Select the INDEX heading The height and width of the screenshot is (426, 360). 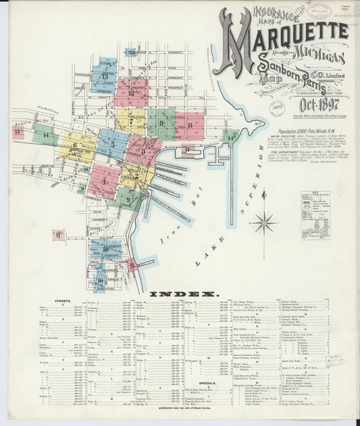click(183, 294)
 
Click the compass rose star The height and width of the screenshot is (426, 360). click(263, 221)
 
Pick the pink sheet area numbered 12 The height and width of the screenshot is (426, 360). click(132, 92)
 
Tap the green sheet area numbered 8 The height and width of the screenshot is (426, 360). click(161, 124)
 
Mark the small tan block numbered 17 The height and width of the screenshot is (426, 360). click(59, 235)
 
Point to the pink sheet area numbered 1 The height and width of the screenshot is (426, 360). click(104, 180)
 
